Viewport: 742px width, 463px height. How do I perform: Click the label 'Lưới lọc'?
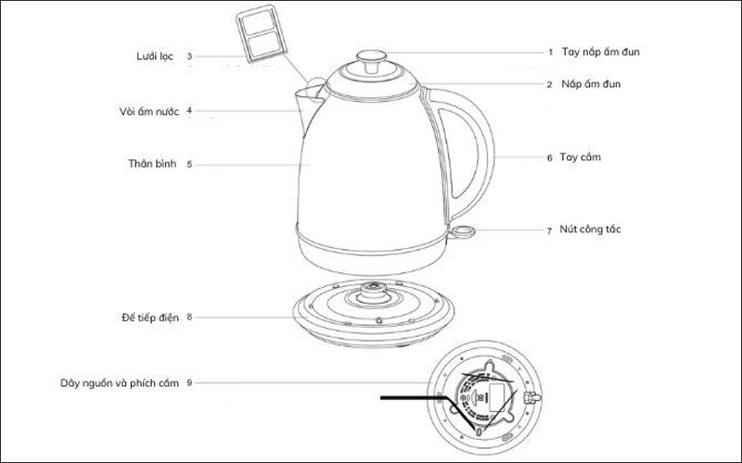[x=155, y=56]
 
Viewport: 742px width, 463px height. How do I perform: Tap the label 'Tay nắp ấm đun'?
[x=600, y=52]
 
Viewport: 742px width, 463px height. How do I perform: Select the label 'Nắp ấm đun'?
[x=591, y=84]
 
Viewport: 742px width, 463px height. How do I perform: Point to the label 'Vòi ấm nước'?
[x=149, y=111]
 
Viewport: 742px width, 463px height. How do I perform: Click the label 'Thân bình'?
[x=152, y=164]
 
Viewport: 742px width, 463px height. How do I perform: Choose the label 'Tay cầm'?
[x=581, y=156]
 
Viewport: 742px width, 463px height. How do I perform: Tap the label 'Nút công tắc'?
[x=590, y=229]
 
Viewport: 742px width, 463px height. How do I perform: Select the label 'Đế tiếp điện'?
[x=150, y=318]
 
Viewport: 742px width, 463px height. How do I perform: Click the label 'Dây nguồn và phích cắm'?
[x=120, y=383]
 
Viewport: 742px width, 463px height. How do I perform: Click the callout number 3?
[x=189, y=56]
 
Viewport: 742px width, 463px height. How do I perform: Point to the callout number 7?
[x=549, y=231]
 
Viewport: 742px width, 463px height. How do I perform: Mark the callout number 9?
[x=189, y=382]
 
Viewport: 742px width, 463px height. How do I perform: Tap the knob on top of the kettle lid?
[x=372, y=60]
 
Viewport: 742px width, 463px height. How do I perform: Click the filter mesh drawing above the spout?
[x=262, y=33]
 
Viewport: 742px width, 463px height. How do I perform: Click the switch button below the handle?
[x=463, y=231]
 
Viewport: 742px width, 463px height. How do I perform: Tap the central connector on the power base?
[x=374, y=292]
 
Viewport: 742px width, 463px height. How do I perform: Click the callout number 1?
[x=550, y=52]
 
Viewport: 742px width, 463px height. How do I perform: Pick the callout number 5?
[x=189, y=165]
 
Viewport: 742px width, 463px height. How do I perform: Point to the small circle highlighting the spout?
[x=316, y=90]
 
